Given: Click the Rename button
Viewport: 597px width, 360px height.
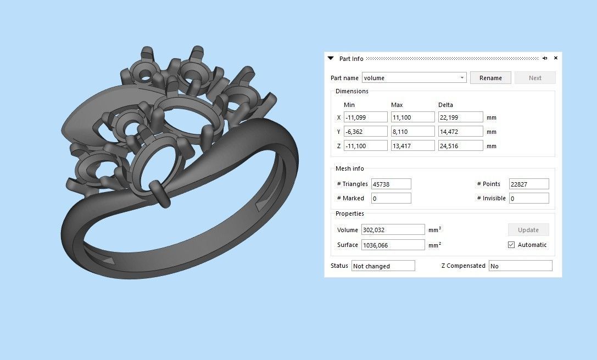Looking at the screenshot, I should [x=490, y=78].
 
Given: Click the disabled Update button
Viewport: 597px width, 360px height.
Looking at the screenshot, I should [x=528, y=230].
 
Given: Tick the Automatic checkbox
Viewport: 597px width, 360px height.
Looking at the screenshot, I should [x=511, y=245].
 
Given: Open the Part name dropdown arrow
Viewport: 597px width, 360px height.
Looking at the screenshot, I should [x=462, y=78].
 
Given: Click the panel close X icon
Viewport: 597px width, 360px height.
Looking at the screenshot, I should [x=556, y=58].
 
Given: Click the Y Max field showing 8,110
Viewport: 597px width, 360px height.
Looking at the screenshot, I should [x=412, y=132].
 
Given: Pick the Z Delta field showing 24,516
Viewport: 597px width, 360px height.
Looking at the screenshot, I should [x=460, y=146].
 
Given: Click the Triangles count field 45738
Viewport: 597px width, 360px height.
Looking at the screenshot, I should [x=391, y=184].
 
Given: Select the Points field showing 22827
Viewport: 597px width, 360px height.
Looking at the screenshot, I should [x=528, y=184].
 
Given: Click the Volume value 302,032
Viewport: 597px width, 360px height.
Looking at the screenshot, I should [x=393, y=230].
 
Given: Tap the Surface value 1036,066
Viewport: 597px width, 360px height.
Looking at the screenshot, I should [x=393, y=245].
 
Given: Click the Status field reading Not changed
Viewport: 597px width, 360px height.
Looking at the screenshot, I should [x=383, y=266].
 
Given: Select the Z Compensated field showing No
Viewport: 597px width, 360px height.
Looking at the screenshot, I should [x=520, y=266].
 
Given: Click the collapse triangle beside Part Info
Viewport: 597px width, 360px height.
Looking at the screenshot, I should [x=331, y=58].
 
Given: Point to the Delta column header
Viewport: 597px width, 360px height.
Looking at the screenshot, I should [x=445, y=105].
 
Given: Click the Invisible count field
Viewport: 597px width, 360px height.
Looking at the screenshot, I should [x=528, y=199].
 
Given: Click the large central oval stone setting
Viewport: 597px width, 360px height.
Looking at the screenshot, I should [x=189, y=113].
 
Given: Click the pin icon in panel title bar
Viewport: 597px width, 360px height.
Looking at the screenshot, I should [x=545, y=58].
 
